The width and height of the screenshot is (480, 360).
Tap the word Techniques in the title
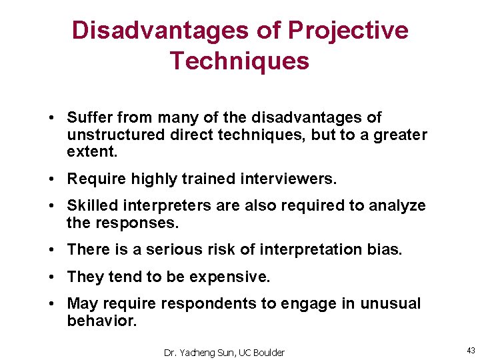[x=239, y=61]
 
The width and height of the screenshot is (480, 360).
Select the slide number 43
[x=471, y=351]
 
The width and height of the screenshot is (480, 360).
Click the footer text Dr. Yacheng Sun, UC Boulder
[x=224, y=352]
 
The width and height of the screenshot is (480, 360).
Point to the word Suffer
[x=89, y=118]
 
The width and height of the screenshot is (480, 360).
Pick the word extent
[x=91, y=151]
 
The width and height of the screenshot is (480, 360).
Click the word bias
[x=387, y=249]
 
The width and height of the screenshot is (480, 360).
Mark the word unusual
[x=391, y=304]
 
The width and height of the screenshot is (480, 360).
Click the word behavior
[x=101, y=321]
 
